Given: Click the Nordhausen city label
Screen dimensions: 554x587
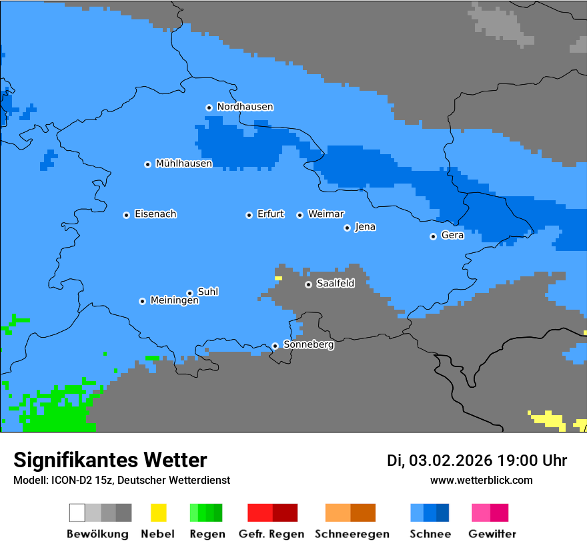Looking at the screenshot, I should click(x=245, y=107).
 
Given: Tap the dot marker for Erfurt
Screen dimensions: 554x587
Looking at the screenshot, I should click(x=249, y=215).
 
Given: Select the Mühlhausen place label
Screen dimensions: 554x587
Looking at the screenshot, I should click(x=183, y=164).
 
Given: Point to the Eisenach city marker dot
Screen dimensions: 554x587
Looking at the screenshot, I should click(x=126, y=215).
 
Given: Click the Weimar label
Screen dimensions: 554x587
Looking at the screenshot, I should click(x=326, y=214).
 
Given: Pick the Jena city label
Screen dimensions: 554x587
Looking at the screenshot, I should click(x=365, y=227).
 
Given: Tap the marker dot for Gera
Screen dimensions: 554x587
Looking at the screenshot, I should click(x=433, y=236).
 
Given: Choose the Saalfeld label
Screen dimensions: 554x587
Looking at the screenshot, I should click(x=336, y=284).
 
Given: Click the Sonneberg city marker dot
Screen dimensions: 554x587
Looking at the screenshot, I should click(x=275, y=346).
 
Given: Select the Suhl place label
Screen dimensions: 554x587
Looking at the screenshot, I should click(x=208, y=292).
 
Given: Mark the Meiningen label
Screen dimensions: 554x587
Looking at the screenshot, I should click(x=175, y=301).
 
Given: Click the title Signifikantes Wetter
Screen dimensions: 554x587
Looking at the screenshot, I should click(x=110, y=460).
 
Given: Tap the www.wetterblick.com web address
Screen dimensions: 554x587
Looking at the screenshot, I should click(x=481, y=480).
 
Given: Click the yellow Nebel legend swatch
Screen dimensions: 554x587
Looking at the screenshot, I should click(x=158, y=513).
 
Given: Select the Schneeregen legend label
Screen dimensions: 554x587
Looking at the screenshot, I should click(x=352, y=534).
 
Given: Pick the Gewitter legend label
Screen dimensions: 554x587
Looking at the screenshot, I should click(x=492, y=534).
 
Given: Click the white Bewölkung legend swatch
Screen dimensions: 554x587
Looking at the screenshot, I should click(x=77, y=513).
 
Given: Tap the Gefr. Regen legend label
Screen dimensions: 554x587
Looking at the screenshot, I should click(x=271, y=534).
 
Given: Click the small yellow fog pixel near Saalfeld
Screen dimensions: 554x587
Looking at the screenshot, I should click(x=278, y=278).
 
